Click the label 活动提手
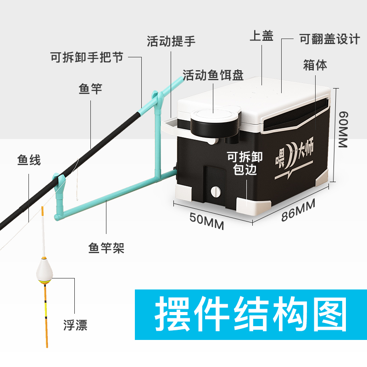click(171, 41)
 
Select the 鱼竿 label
click(90, 89)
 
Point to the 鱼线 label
click(29, 160)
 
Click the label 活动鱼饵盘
click(213, 75)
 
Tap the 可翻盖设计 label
click(329, 39)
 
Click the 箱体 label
click(315, 65)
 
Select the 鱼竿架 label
click(106, 248)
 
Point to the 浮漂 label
click(75, 326)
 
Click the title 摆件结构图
click(251, 315)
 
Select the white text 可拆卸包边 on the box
click(245, 163)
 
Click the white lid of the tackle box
click(257, 99)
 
